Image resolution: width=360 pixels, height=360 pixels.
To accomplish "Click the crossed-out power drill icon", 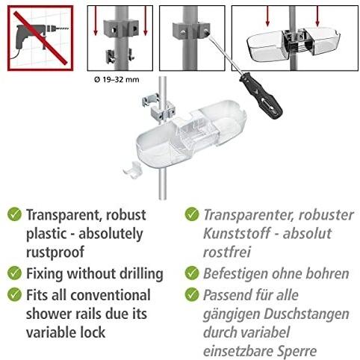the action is click(40, 38).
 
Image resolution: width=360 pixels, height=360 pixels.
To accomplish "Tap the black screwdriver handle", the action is click(261, 99).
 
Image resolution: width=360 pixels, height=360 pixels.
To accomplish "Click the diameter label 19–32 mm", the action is click(117, 80).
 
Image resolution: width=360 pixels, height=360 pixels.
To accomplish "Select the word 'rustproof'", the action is click(55, 252).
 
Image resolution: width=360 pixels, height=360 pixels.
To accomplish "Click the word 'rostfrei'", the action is click(227, 252).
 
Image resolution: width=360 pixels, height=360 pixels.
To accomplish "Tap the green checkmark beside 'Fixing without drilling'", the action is click(14, 273).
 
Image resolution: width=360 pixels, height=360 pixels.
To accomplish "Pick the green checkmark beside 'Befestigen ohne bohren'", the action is click(192, 273).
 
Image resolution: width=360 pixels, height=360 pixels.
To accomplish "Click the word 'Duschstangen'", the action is click(306, 314).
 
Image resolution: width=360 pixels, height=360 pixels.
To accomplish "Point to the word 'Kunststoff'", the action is click(237, 233).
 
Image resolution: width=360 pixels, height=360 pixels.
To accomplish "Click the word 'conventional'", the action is click(111, 295).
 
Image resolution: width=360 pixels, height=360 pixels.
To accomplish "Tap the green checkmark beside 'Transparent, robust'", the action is click(14, 214).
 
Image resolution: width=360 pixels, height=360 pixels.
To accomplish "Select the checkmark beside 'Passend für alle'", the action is click(192, 294).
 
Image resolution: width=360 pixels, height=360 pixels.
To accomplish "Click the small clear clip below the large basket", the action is click(132, 170).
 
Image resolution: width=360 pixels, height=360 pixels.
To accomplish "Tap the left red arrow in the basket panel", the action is click(267, 16).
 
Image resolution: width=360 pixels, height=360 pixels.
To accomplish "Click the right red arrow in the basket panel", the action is click(317, 16).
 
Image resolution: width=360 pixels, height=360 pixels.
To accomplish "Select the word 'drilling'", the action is click(141, 274).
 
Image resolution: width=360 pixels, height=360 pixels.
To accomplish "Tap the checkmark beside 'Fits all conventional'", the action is click(14, 294).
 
